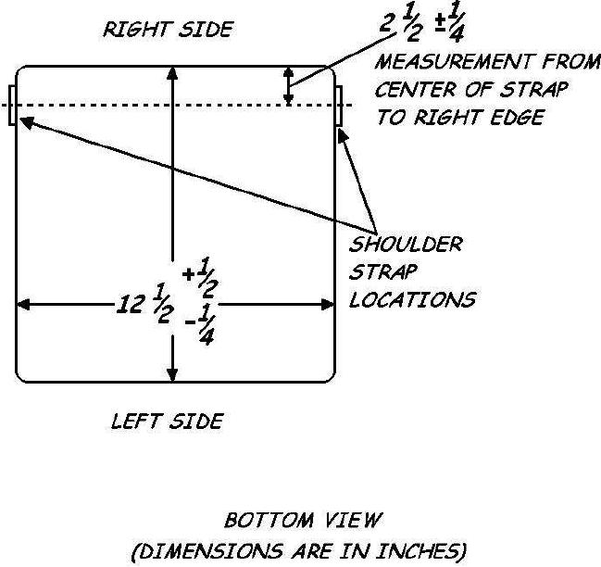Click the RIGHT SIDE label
point(168,30)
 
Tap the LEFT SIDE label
point(167,422)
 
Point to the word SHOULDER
point(405,246)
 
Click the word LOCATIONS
point(412,300)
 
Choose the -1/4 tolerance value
point(200,329)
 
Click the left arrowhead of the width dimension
point(24,304)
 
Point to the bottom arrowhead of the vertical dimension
point(171,373)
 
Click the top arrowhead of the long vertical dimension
point(171,72)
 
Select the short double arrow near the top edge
point(288,85)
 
